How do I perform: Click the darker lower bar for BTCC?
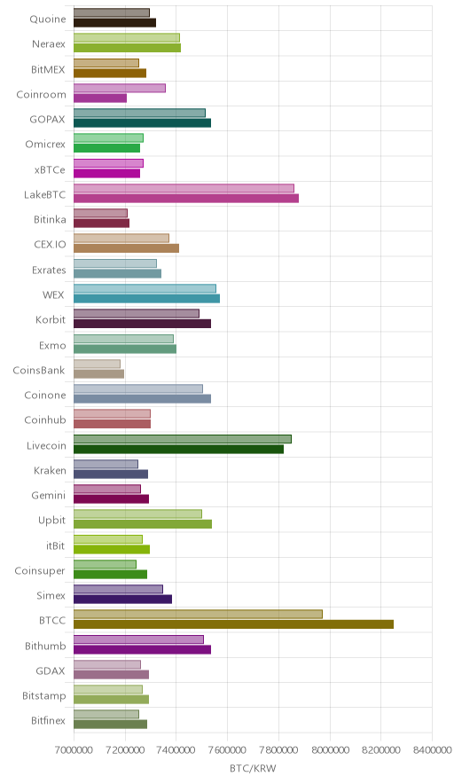point(233,624)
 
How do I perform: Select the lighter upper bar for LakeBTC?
point(184,188)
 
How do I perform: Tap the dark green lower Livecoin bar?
point(178,449)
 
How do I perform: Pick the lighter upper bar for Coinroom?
point(120,88)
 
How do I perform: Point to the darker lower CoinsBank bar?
point(99,373)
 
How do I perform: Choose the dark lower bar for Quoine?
point(115,22)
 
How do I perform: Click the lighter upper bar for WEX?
point(145,288)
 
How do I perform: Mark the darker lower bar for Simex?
point(123,599)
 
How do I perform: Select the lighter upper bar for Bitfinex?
point(106,714)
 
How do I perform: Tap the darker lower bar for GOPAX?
point(143,123)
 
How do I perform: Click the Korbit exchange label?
point(51,319)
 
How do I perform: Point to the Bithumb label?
point(45,646)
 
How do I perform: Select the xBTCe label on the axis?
point(50,169)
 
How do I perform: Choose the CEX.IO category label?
point(50,245)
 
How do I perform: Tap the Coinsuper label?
point(40,570)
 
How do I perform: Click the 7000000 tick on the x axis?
point(74,750)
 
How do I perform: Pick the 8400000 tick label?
point(432,750)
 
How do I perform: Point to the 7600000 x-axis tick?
point(228,750)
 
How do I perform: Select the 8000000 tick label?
point(330,750)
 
